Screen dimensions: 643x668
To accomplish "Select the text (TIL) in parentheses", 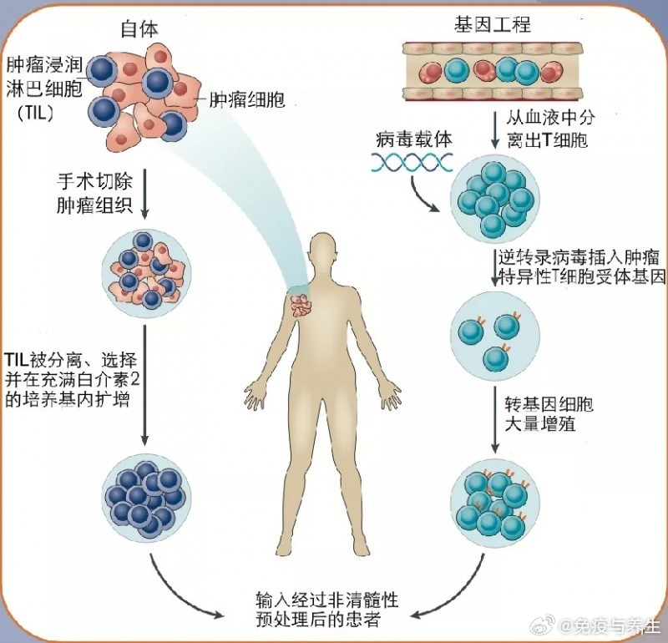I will pyautogui.click(x=35, y=114).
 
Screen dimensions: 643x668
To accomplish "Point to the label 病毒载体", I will pyautogui.click(x=414, y=139).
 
